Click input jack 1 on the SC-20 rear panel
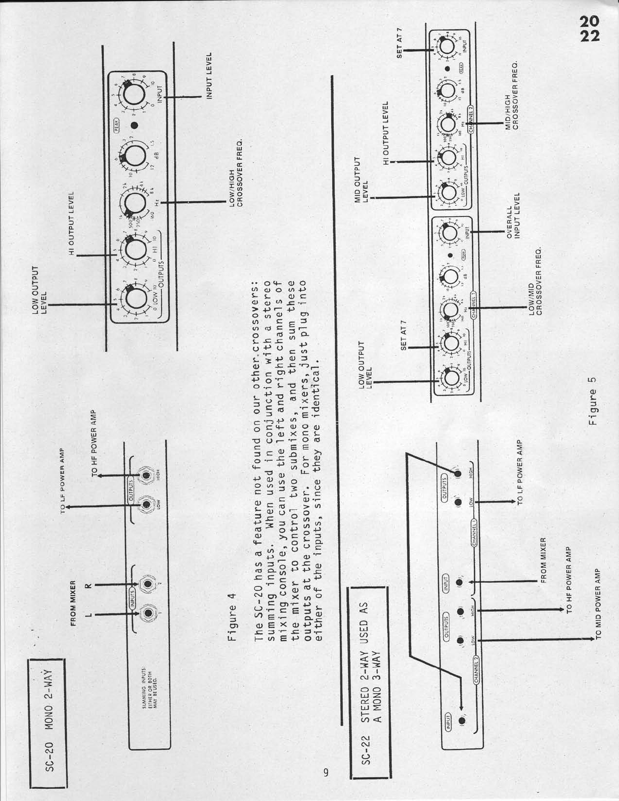pyautogui.click(x=147, y=613)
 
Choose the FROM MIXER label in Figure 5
pyautogui.click(x=544, y=559)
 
